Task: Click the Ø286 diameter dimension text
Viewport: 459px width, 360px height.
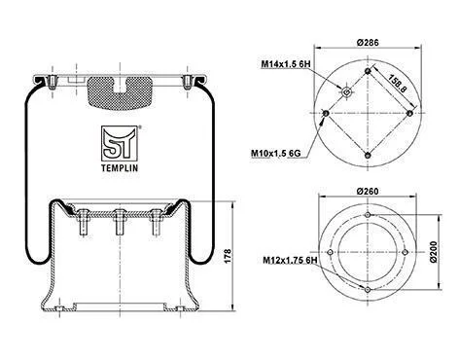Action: [x=368, y=43]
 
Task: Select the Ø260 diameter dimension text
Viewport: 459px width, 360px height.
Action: [x=368, y=192]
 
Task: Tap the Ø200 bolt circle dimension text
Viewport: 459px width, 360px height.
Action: [x=435, y=252]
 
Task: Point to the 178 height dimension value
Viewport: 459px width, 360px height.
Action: [x=228, y=256]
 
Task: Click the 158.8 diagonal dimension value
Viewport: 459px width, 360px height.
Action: [x=397, y=84]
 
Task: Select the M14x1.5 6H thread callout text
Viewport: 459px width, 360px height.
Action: [x=286, y=64]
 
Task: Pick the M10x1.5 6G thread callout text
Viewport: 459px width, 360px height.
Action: [x=276, y=153]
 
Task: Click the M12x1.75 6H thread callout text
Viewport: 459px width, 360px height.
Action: [x=290, y=260]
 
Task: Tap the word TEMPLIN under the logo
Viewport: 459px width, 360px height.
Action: [x=120, y=168]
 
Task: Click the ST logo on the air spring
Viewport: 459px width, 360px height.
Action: [x=120, y=143]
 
